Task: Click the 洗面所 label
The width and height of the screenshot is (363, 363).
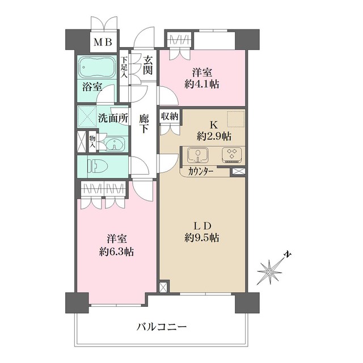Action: pos(113,119)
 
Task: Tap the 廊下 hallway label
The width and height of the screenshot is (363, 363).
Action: pos(144,124)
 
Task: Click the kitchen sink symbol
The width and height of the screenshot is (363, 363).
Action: pos(199,154)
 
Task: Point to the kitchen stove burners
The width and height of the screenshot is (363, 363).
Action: pos(231,154)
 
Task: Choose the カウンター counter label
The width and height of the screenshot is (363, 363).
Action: pos(201,171)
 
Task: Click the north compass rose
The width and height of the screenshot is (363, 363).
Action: pos(271,272)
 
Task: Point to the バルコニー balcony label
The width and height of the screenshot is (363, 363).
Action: pos(162,327)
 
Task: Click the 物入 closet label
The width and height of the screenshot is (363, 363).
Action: pos(92,140)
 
